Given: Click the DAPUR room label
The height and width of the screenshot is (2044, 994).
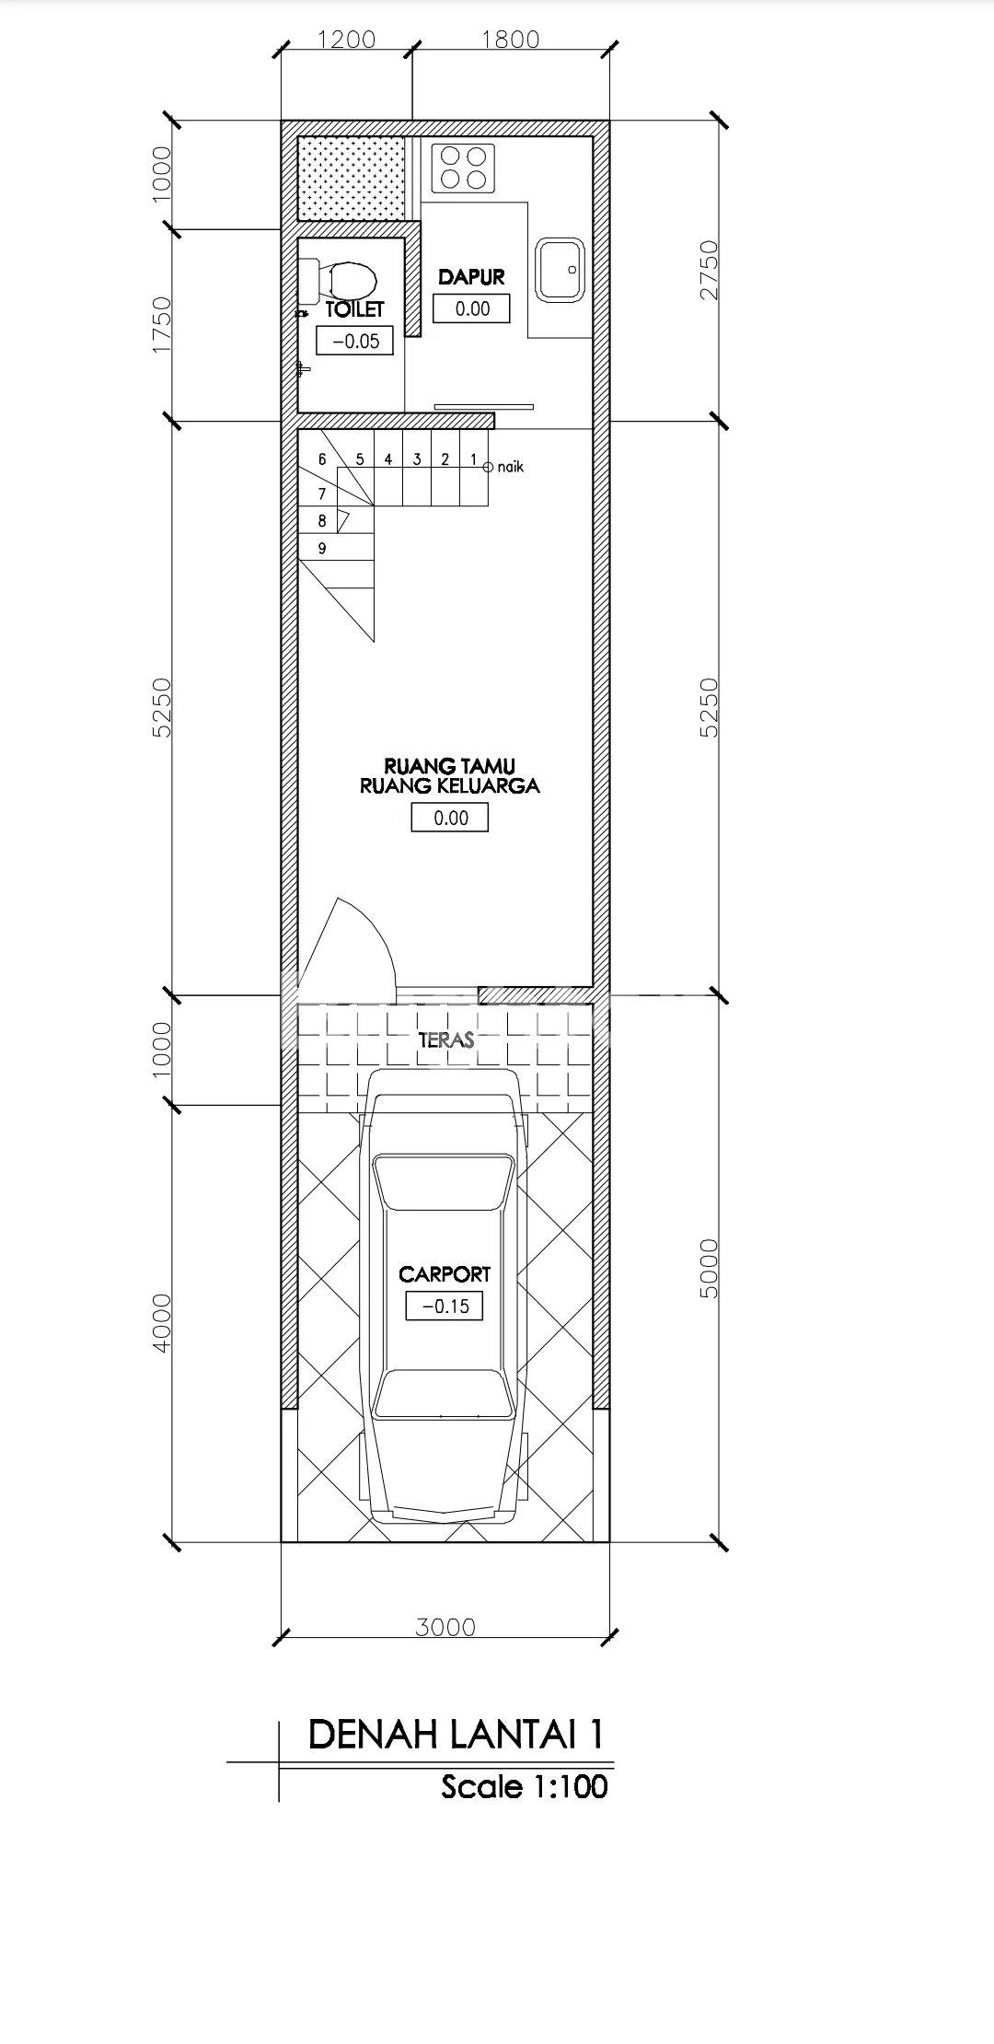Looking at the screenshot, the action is pos(471,276).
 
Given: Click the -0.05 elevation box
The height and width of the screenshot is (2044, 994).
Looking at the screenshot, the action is pos(355,341).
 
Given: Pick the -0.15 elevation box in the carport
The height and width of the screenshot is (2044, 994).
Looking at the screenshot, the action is pos(445,1306).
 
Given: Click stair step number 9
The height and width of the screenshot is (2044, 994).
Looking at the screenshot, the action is pos(322,549).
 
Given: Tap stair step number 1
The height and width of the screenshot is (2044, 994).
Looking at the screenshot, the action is pos(473,459).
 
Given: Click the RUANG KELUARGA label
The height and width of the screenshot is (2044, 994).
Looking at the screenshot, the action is pos(449,786).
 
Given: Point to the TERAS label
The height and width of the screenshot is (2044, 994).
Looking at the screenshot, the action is pos(446,1039).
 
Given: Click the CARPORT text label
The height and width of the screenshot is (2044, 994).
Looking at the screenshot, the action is pos(445,1274).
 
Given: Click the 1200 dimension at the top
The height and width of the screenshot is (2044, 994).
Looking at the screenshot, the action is pos(347,40).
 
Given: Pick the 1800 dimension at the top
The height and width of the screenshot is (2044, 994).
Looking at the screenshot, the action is pos(510,40).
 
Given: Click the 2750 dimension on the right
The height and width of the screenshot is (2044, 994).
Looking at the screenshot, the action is pos(709,270).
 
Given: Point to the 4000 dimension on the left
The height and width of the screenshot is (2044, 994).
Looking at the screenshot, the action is pos(162,1322).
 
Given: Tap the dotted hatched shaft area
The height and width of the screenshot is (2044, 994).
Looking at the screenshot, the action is pos(353,179).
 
